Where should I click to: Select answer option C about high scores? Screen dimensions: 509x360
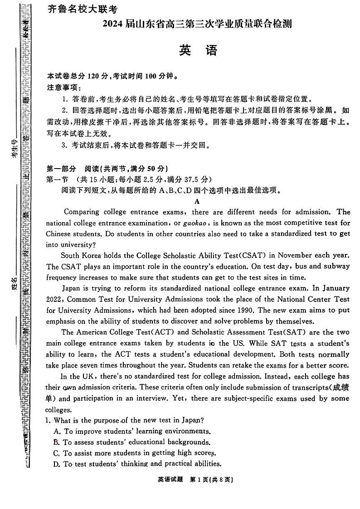pyautogui.click(x=134, y=453)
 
